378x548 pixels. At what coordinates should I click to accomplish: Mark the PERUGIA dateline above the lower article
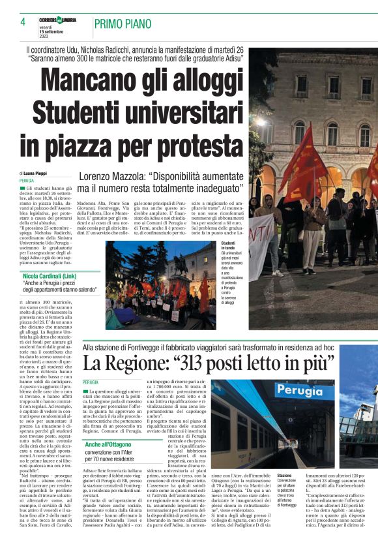[91, 382]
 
